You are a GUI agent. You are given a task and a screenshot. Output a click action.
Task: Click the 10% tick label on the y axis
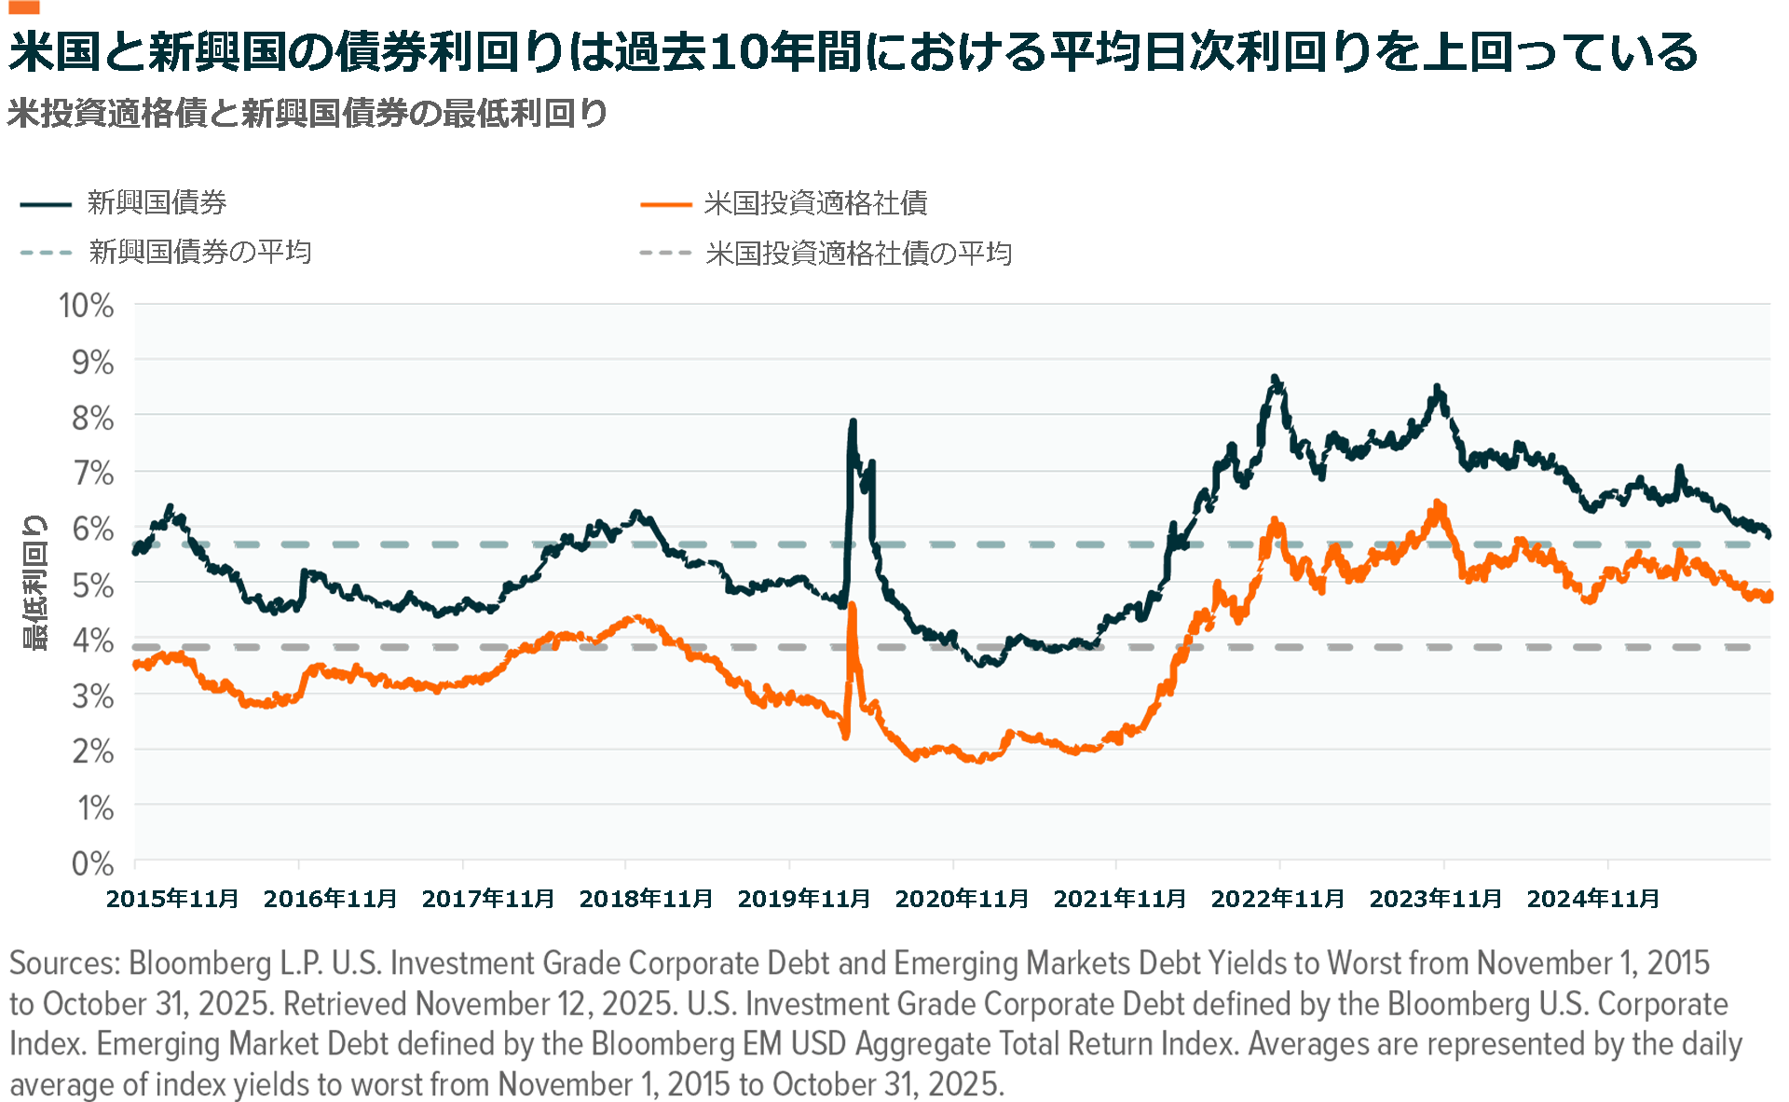click(86, 306)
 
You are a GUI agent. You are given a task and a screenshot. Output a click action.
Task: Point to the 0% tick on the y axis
click(92, 863)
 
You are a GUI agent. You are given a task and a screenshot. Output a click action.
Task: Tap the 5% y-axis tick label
click(92, 585)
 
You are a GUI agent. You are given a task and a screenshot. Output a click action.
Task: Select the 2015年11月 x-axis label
click(172, 899)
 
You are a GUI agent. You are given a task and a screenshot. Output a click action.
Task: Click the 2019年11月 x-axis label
click(803, 899)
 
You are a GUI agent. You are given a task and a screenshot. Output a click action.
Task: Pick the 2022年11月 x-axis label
click(1277, 899)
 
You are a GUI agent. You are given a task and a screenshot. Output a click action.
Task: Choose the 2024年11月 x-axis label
click(1593, 899)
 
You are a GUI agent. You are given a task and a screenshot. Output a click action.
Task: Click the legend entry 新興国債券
click(157, 202)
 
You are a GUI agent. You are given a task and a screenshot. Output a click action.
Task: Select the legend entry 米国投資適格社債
click(815, 203)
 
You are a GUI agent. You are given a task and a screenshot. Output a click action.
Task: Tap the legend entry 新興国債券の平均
click(199, 252)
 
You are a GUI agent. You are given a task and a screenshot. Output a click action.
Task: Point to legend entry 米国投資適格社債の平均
click(858, 253)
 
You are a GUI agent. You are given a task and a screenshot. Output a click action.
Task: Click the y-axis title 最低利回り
click(34, 583)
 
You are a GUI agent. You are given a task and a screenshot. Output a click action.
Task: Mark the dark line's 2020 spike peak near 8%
click(852, 422)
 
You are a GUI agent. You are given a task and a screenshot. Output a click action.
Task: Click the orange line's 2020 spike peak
click(852, 606)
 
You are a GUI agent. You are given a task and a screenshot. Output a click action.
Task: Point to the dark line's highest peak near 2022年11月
click(1275, 378)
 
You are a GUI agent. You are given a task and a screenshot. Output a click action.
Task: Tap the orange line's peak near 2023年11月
click(1438, 503)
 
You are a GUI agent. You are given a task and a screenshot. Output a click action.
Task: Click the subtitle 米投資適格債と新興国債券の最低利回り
click(307, 114)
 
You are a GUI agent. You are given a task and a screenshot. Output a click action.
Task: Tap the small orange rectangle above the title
click(24, 7)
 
